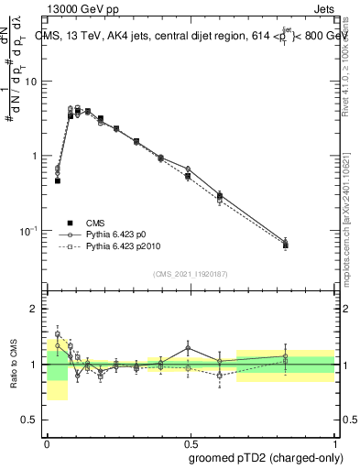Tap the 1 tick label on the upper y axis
coord(38,156)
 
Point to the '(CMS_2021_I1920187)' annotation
coord(191,274)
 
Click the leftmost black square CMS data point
coord(58,180)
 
